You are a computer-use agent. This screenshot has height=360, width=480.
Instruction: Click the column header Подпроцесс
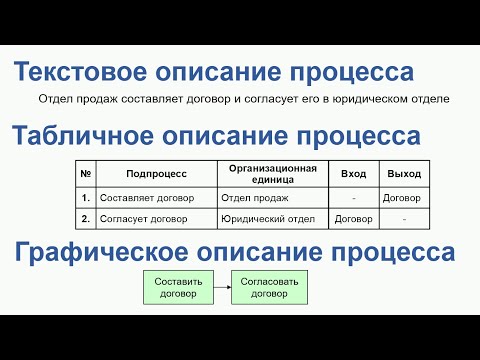tap(157, 174)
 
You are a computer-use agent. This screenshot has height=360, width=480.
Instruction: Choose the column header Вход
tap(353, 174)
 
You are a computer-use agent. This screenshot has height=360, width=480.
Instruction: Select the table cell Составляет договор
tap(143, 198)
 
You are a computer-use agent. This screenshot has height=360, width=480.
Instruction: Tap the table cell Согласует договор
tap(141, 218)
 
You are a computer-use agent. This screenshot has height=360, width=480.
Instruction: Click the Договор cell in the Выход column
tap(402, 198)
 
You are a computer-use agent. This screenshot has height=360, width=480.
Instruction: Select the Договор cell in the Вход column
tap(353, 218)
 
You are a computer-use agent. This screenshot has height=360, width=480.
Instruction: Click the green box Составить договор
tap(179, 288)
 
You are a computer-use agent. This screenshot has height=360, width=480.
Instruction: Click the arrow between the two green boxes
tap(222, 288)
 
